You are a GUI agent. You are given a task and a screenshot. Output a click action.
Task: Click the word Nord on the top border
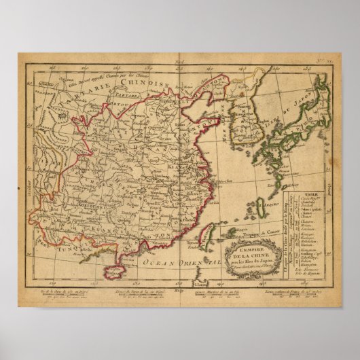pos(180,62)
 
